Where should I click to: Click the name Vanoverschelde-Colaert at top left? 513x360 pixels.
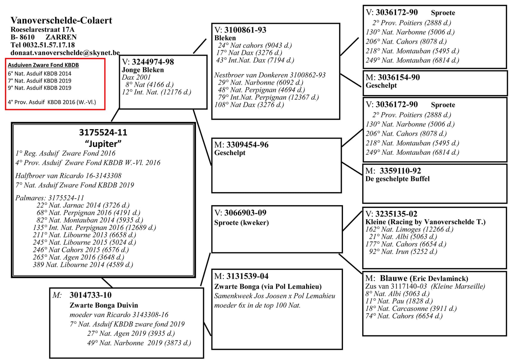click(61, 20)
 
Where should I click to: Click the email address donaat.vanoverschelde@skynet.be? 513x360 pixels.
click(65, 53)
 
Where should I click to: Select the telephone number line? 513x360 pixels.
click(43, 45)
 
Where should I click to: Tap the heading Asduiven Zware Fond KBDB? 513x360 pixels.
click(43, 65)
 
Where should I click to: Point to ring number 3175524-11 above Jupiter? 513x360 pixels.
click(103, 132)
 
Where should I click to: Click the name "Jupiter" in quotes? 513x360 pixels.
click(103, 144)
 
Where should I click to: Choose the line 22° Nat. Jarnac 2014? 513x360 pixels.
click(83, 205)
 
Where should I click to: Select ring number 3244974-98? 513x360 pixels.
click(153, 62)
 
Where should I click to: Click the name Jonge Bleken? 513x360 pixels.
click(143, 70)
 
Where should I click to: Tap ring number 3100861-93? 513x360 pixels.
click(245, 30)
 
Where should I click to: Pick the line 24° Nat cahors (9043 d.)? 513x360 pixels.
click(255, 45)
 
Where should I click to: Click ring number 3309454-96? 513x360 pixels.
click(247, 145)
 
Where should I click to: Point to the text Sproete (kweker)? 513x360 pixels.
click(241, 223)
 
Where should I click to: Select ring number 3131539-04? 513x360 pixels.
click(247, 276)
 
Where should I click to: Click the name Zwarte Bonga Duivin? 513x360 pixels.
click(104, 305)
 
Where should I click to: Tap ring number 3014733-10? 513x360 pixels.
click(90, 295)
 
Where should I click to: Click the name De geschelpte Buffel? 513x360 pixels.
click(398, 179)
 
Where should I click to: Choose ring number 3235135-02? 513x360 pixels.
click(396, 214)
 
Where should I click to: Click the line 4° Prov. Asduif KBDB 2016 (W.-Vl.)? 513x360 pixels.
click(52, 102)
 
